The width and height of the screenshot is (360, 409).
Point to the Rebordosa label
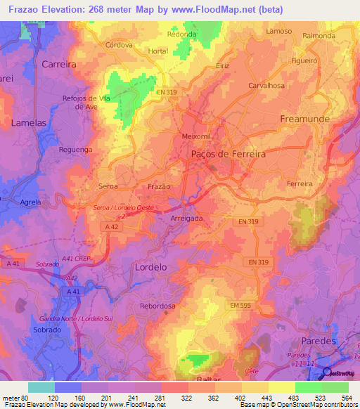[157, 306]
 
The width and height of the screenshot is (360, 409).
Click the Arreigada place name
[186, 219]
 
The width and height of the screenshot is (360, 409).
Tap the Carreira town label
[58, 64]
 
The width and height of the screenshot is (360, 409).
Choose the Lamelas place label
[29, 122]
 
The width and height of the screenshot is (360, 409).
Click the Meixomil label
[196, 136]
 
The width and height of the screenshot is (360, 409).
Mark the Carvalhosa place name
[266, 85]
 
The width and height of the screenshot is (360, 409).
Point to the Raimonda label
[319, 35]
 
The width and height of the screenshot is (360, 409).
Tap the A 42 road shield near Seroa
[112, 226]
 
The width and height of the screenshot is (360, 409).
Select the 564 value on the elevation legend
[347, 397]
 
